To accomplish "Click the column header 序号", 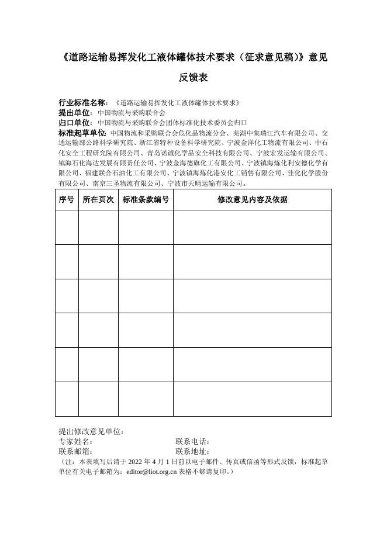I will (67, 200).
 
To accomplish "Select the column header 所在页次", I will (98, 200).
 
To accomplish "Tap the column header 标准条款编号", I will (146, 200).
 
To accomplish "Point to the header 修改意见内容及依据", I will (253, 200).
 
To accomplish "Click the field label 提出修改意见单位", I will (91, 431).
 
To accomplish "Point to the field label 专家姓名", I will (75, 441).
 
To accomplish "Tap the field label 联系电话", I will (192, 441).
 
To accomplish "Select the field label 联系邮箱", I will (75, 451).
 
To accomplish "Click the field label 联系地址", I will (192, 451).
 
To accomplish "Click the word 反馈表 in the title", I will (193, 78).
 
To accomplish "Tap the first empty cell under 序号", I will (67, 227).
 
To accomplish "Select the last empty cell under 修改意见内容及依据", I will (253, 399).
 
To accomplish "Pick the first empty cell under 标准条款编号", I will (146, 227).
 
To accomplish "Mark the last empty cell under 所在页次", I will (98, 399).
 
